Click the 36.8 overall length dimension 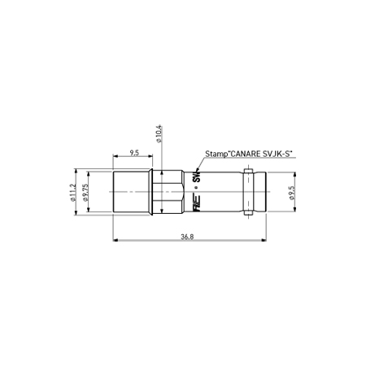pos(187,236)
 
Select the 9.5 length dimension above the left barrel pos(133,151)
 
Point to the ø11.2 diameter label pos(73,194)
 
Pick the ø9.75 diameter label pos(85,194)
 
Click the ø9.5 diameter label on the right pos(290,194)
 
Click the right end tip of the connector pos(266,194)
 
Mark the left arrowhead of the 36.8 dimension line pos(114,241)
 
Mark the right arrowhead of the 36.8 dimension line pos(267,241)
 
